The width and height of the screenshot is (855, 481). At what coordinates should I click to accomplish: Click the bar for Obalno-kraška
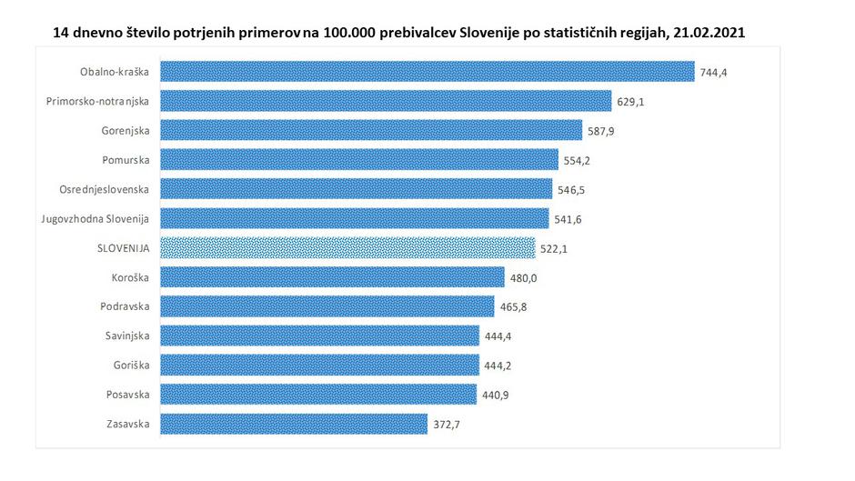click(x=427, y=71)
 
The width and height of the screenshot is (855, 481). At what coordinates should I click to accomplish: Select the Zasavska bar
click(x=294, y=424)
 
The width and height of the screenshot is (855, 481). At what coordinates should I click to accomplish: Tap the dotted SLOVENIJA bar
click(x=347, y=247)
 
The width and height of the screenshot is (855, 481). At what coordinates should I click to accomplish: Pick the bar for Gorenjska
click(x=371, y=130)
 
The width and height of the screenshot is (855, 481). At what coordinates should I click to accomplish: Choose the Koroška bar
click(x=332, y=277)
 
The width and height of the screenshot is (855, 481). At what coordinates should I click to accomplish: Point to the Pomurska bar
click(x=359, y=159)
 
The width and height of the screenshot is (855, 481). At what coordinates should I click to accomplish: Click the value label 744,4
click(x=714, y=72)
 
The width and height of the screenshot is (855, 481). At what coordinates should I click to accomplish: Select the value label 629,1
click(x=630, y=101)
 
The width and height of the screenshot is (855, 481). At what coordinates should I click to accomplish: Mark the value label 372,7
click(x=447, y=425)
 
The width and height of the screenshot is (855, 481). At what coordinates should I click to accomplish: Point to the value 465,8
click(x=513, y=306)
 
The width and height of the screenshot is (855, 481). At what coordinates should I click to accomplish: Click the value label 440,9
click(x=496, y=396)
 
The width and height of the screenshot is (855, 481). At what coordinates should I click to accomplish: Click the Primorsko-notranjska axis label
click(x=97, y=101)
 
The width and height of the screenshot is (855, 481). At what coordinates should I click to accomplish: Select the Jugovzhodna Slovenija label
click(x=96, y=218)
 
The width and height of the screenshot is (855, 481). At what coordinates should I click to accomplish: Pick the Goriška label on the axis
click(x=133, y=366)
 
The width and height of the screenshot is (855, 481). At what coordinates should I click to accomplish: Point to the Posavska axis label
click(x=128, y=395)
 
